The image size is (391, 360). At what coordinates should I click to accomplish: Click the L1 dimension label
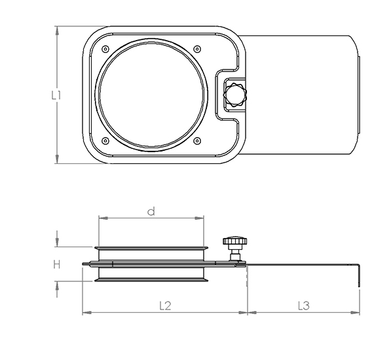click(x=57, y=94)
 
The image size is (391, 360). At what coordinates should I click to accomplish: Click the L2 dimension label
click(x=164, y=305)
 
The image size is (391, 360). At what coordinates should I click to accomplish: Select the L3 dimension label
click(x=303, y=305)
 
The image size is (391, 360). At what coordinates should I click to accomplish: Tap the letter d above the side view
click(x=151, y=211)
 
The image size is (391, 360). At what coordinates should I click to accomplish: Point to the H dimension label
click(x=57, y=264)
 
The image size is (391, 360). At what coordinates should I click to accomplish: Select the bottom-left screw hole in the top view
click(x=105, y=140)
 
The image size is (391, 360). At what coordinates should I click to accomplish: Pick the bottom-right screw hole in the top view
click(x=197, y=140)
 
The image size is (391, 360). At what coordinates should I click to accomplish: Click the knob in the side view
click(x=234, y=243)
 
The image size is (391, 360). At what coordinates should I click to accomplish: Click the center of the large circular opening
click(x=151, y=94)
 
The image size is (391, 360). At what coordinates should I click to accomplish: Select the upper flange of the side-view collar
click(x=151, y=249)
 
